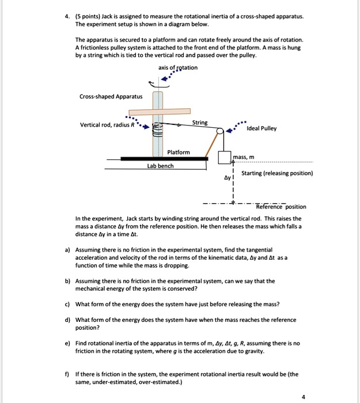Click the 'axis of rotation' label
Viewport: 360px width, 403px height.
[x=177, y=68]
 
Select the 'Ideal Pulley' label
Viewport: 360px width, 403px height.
[x=261, y=128]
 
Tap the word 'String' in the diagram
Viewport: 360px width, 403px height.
[x=200, y=123]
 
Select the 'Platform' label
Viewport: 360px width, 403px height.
[x=178, y=152]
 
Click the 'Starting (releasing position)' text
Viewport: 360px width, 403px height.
[x=277, y=173]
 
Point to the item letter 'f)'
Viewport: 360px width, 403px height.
[x=67, y=374]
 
